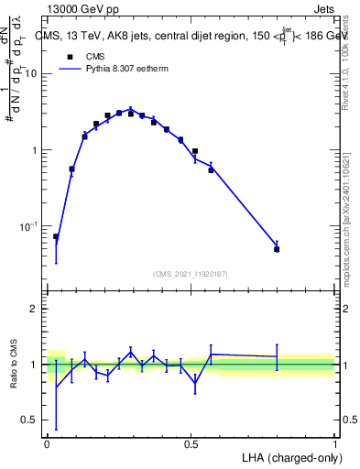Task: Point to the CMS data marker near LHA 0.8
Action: click(277, 248)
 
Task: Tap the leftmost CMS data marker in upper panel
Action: click(56, 236)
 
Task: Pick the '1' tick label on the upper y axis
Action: click(35, 150)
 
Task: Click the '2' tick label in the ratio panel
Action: click(33, 310)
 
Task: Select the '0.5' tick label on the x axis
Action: click(191, 443)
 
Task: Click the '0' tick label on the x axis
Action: click(47, 443)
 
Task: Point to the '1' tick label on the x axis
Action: click(334, 443)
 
